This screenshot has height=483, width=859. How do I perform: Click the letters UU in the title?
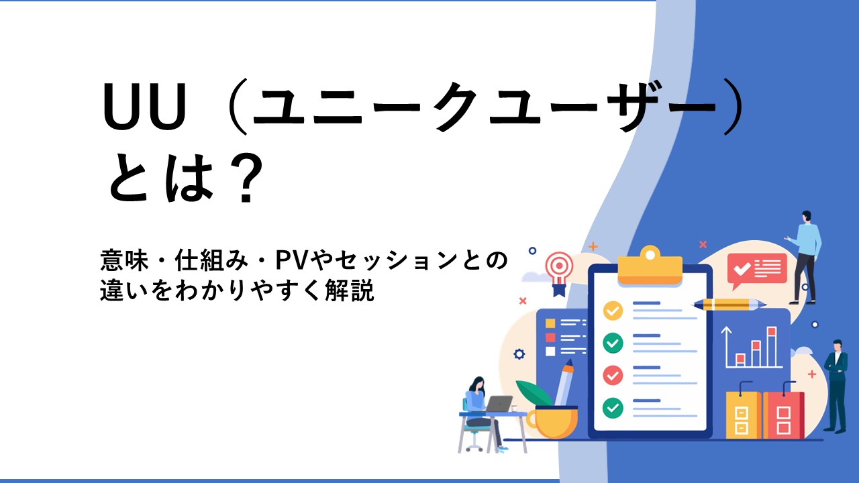point(144,107)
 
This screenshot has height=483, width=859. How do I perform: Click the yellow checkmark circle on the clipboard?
point(613,311)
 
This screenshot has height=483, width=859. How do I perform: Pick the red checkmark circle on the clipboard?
point(613,375)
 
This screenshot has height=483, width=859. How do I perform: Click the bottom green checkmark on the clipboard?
point(613,408)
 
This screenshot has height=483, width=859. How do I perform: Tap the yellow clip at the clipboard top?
point(650,266)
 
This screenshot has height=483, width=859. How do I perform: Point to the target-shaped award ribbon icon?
point(560,273)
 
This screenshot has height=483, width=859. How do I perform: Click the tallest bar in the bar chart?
point(772,346)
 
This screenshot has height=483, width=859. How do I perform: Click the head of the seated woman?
point(478,384)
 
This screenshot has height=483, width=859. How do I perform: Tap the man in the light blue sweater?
point(805,257)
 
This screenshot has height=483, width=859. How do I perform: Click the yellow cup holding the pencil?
point(552,422)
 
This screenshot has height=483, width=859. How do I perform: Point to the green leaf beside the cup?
point(534,393)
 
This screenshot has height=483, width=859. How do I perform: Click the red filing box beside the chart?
point(783,415)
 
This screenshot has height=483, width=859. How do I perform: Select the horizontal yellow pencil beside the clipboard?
point(729,305)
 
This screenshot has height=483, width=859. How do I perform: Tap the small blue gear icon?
point(519,354)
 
